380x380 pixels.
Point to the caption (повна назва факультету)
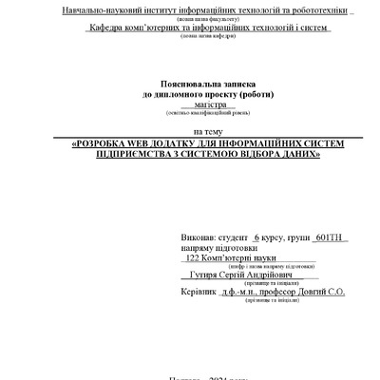coord(204,19)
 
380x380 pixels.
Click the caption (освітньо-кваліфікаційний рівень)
coord(205,114)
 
